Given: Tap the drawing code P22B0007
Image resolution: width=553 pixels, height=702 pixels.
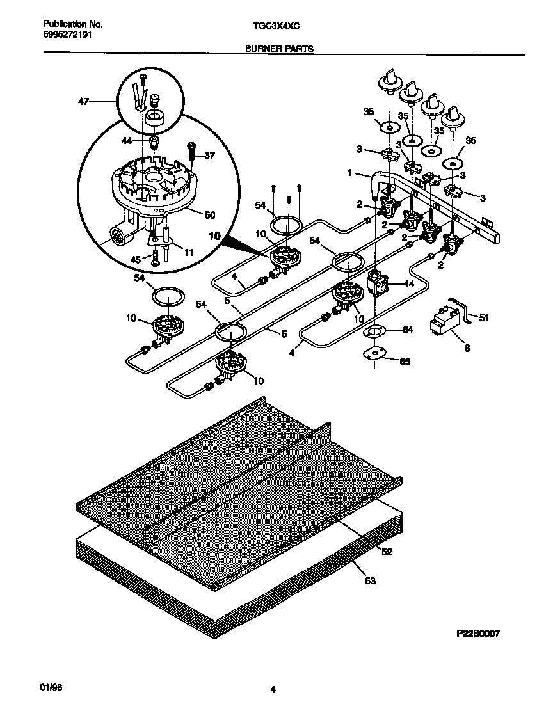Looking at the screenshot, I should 477,634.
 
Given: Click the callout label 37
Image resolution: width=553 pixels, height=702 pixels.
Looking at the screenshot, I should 210,156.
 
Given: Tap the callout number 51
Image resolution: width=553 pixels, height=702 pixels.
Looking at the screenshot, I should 485,317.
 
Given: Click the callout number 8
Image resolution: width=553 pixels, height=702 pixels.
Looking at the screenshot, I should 466,349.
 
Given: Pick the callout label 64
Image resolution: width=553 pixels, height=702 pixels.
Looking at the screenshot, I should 407,330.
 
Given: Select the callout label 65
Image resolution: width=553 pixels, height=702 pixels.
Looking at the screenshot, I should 405,362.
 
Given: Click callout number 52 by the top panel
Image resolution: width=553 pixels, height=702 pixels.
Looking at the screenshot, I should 386,551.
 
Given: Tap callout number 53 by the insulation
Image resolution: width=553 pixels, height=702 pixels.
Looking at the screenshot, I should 370,581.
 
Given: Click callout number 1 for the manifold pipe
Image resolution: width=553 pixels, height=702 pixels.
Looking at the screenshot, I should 349,172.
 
